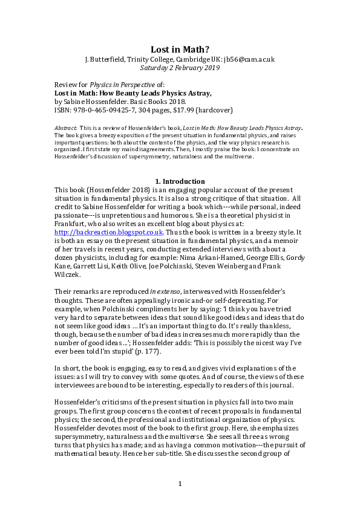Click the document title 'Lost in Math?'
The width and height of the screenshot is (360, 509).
(180, 50)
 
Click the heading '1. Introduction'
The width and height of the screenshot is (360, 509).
(180, 181)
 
